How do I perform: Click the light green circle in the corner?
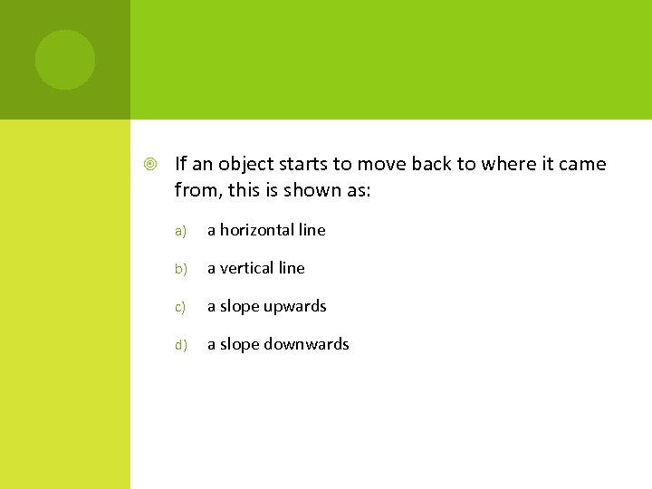pyautogui.click(x=64, y=60)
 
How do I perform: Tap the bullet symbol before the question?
pyautogui.click(x=150, y=165)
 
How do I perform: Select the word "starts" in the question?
pyautogui.click(x=301, y=165)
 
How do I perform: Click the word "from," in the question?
pyautogui.click(x=195, y=190)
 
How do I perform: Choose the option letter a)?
pyautogui.click(x=181, y=231)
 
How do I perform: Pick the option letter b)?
pyautogui.click(x=181, y=269)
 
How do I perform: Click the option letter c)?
pyautogui.click(x=181, y=307)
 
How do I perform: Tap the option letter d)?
pyautogui.click(x=181, y=345)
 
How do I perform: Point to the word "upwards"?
pyautogui.click(x=295, y=307)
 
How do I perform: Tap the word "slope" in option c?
pyautogui.click(x=239, y=307)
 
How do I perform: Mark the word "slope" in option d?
pyautogui.click(x=239, y=345)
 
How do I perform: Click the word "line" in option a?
pyautogui.click(x=312, y=230)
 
